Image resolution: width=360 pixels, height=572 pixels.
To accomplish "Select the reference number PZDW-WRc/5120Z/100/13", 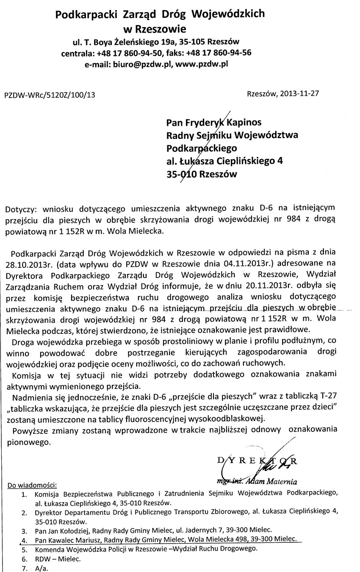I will point(50,95).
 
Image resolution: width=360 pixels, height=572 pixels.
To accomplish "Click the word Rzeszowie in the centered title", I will point(159,29).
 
